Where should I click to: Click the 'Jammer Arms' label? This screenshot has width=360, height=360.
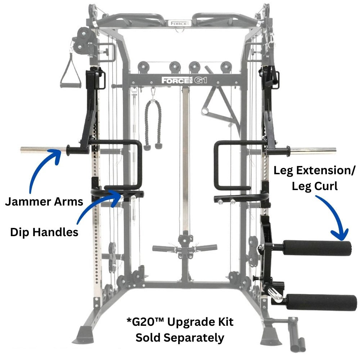pos(44,202)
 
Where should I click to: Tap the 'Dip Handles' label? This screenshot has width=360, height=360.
pos(44,232)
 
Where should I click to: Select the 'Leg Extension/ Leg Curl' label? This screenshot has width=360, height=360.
pos(314,178)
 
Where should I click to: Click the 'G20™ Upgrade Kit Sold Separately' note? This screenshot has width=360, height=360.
pos(180,330)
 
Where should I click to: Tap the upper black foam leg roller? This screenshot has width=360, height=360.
pos(317,248)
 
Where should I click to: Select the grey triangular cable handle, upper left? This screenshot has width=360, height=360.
pos(70,71)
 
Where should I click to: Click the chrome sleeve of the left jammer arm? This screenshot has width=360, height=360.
pos(43,150)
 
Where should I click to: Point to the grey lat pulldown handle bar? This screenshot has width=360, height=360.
pos(184,248)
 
